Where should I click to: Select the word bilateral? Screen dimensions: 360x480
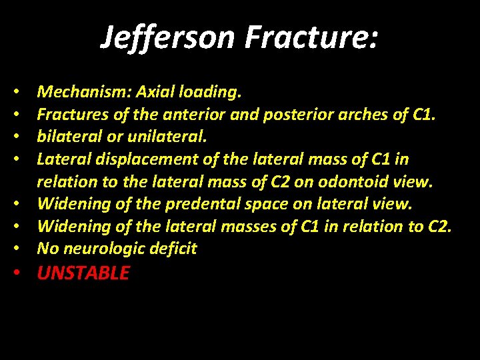click(x=66, y=137)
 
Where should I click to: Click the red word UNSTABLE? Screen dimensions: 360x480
click(x=83, y=273)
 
